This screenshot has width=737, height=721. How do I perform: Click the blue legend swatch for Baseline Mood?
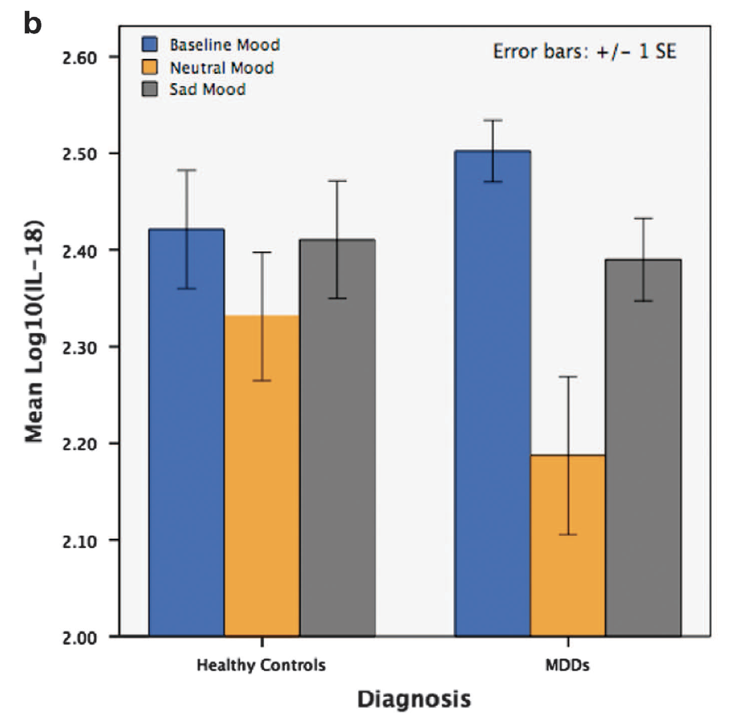[149, 45]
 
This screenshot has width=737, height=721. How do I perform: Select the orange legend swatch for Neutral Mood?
[149, 67]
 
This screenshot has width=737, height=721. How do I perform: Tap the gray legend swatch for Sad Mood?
[149, 90]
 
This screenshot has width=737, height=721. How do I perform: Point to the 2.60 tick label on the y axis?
[80, 57]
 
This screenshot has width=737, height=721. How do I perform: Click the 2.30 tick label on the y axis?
[80, 348]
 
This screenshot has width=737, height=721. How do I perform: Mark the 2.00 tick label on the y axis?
[80, 638]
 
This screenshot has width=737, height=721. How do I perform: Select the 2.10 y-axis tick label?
[80, 541]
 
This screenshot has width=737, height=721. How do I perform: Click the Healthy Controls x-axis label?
[261, 665]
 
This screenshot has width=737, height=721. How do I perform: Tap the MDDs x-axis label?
[567, 665]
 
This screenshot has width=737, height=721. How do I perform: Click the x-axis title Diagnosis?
[414, 699]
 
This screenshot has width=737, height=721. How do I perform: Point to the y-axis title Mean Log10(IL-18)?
[34, 331]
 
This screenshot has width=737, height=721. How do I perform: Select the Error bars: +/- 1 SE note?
[585, 51]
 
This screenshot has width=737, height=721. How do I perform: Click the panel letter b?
[32, 24]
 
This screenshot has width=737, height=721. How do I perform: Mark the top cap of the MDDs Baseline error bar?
[493, 121]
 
